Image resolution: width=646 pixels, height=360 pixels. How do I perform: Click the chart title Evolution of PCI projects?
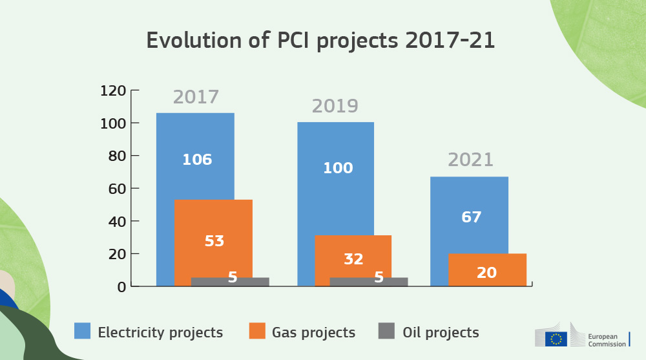click(x=320, y=40)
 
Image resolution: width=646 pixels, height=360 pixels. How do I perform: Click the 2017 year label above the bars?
click(x=196, y=98)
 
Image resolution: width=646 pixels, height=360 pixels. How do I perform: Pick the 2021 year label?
click(x=470, y=160)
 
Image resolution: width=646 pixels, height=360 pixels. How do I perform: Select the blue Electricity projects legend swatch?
click(x=82, y=331)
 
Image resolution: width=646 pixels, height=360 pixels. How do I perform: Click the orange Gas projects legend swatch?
click(x=257, y=331)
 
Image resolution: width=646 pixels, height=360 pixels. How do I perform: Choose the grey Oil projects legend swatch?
click(x=386, y=331)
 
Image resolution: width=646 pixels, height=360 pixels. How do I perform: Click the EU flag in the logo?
click(x=556, y=339)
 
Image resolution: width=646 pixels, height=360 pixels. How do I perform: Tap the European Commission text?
click(x=607, y=340)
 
